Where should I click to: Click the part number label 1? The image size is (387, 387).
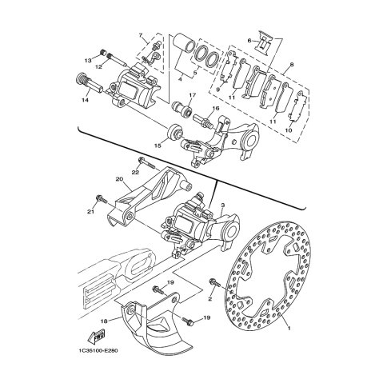coord(289,328)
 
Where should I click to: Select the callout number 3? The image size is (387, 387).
coord(223,205)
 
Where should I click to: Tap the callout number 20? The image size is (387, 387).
coord(119,179)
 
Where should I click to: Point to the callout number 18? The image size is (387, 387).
coord(104,321)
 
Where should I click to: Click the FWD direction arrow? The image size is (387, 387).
coord(96,337)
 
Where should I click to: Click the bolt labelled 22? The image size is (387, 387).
coord(146,164)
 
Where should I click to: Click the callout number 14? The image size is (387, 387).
coord(85,100)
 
